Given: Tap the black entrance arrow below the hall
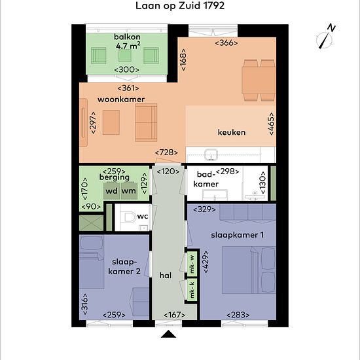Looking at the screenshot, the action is click(168, 334).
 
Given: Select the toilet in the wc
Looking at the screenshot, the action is click(129, 217).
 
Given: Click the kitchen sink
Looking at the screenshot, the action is click(211, 154).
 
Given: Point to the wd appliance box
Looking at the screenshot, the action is click(111, 190).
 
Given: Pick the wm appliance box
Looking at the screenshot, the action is click(129, 190).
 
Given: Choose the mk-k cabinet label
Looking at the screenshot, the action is click(192, 289).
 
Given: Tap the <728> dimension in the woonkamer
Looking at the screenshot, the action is click(166, 153).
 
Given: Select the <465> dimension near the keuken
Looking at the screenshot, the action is click(271, 124).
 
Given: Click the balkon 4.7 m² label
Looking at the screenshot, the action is click(128, 41).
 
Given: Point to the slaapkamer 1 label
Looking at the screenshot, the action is click(238, 235).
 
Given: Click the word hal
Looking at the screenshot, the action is click(166, 276).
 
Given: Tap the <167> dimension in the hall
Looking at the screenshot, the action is click(175, 315).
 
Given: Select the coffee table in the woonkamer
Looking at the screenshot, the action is click(111, 122).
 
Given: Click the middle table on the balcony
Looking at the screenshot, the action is click(125, 56).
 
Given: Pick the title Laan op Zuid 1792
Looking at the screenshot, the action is click(180, 6).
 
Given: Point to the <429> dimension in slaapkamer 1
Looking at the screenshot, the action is click(206, 262).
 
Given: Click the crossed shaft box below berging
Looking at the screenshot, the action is click(92, 223).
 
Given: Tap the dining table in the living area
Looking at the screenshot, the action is click(259, 81).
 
